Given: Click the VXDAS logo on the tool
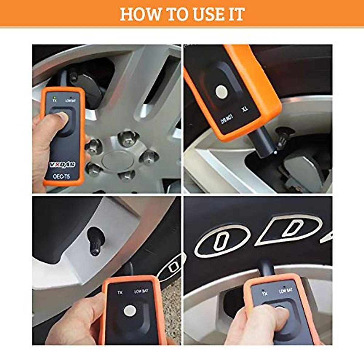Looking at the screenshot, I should pyautogui.click(x=62, y=165).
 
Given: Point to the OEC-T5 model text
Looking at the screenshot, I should pyautogui.click(x=62, y=176).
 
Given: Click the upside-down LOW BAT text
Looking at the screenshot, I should pyautogui.click(x=224, y=119).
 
